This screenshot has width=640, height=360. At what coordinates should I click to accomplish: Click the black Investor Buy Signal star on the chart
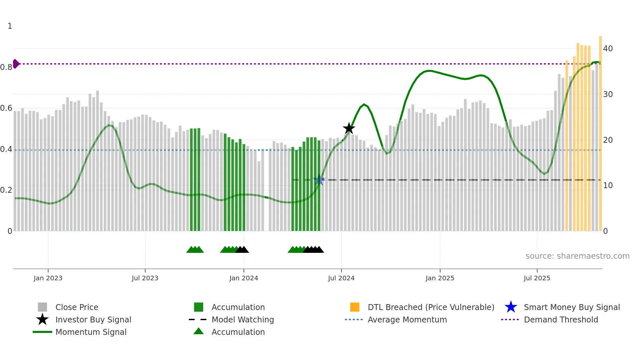pyautogui.click(x=349, y=128)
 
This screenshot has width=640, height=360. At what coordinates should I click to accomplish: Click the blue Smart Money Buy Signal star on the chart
pyautogui.click(x=319, y=180)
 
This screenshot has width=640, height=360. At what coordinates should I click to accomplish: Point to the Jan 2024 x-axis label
pyautogui.click(x=244, y=278)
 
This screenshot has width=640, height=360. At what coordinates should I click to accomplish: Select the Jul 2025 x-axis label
pyautogui.click(x=537, y=278)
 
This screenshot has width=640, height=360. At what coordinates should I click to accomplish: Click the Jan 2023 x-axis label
pyautogui.click(x=48, y=278)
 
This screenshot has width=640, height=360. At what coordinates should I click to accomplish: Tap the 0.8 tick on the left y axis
pyautogui.click(x=6, y=67)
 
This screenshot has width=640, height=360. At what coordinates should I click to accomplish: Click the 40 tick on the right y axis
pyautogui.click(x=608, y=49)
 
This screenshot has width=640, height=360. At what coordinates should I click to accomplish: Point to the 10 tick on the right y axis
pyautogui.click(x=608, y=186)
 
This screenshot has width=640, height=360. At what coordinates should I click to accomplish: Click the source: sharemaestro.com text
pyautogui.click(x=577, y=256)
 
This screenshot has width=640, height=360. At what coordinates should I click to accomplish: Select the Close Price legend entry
pyautogui.click(x=77, y=307)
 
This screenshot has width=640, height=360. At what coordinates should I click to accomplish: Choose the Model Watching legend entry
pyautogui.click(x=243, y=319)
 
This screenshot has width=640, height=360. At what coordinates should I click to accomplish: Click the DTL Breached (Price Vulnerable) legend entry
pyautogui.click(x=431, y=307)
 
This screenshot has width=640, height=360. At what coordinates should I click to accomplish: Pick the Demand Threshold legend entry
pyautogui.click(x=561, y=319)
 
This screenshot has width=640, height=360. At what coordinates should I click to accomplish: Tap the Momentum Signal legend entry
pyautogui.click(x=91, y=332)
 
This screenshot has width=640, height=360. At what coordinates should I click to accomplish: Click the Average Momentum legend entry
pyautogui.click(x=407, y=319)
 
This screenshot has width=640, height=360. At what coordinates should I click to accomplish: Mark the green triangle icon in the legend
pyautogui.click(x=199, y=331)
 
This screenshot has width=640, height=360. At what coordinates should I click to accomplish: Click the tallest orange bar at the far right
pyautogui.click(x=600, y=131)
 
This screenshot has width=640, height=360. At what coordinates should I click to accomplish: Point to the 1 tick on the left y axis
pyautogui.click(x=10, y=26)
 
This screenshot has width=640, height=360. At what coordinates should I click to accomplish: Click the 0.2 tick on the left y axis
pyautogui.click(x=6, y=190)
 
